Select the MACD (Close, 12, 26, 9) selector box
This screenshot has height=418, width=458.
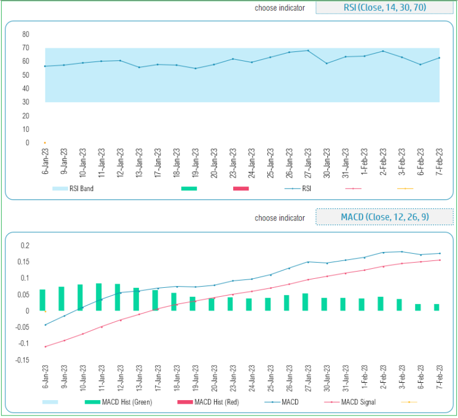pos(383,217)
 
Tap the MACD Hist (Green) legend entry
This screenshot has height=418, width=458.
pos(119,402)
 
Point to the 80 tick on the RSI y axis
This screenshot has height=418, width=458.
pos(26,34)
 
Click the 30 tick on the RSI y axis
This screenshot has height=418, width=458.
pos(26,102)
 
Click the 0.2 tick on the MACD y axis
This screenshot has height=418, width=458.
pos(24,245)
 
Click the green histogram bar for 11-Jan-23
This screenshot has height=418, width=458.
pos(98,297)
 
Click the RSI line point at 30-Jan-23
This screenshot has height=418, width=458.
pos(326,63)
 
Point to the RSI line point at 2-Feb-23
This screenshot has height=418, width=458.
pos(383,51)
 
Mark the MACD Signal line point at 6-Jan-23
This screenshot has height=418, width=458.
pos(45,346)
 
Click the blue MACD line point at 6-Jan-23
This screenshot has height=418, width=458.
pos(45,325)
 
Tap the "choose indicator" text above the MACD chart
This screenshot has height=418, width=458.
pos(280,218)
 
